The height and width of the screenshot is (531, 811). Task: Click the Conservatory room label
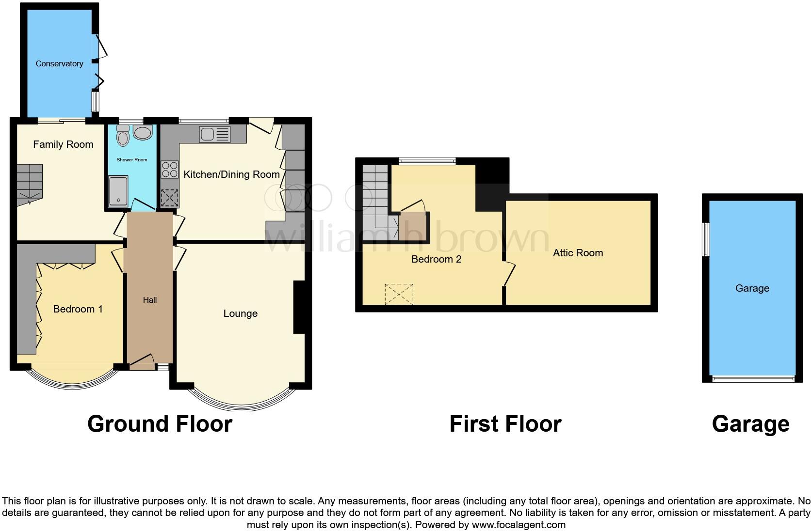(59, 63)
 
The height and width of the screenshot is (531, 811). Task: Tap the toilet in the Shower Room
(123, 136)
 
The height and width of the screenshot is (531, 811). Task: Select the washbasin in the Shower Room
(143, 133)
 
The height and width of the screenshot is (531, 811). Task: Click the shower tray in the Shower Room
(118, 192)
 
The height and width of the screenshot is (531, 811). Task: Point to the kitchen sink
(214, 134)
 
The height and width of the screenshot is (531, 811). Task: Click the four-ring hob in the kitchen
(169, 170)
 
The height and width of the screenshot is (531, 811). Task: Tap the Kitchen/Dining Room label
(231, 174)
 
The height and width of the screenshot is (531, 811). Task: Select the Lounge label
(240, 313)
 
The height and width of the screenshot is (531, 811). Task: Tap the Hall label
(150, 300)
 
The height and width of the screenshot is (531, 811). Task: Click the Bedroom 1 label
(78, 309)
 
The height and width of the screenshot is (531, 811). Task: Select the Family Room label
(63, 144)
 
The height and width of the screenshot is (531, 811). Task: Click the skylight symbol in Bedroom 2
(399, 294)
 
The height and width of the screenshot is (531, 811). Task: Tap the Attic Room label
(578, 253)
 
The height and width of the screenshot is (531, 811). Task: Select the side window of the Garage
(707, 239)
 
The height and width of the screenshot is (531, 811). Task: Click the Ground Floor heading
(160, 424)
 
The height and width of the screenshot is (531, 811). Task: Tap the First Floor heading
(505, 424)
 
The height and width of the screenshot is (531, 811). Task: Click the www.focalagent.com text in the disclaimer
(518, 525)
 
